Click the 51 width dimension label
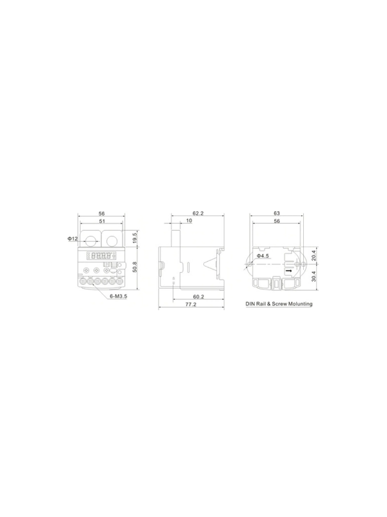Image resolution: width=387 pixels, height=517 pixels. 102,221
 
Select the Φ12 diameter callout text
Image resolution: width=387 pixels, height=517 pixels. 73,238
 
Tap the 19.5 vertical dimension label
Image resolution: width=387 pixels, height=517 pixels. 135,238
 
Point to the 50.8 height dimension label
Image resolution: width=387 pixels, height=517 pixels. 135,267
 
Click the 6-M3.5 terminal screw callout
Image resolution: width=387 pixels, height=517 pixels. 119,296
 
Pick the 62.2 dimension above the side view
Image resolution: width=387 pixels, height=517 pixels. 198,213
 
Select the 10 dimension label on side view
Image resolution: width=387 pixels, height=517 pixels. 189,220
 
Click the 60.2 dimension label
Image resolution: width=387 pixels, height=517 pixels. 198,297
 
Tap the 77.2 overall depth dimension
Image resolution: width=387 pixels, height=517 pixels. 190,304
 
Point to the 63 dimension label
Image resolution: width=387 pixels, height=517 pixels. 277,213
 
